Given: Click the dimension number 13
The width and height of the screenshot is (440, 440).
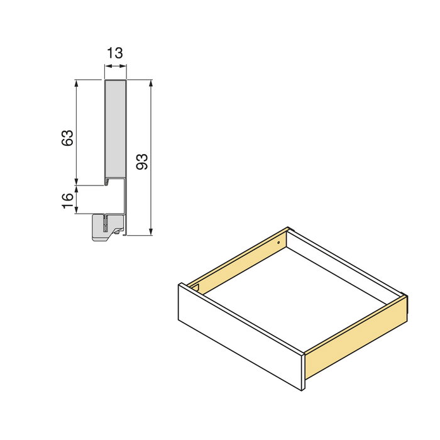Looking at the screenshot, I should tap(114, 53).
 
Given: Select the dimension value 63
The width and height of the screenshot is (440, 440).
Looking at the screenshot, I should tap(68, 138).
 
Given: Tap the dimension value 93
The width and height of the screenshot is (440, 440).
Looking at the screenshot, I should tap(142, 162).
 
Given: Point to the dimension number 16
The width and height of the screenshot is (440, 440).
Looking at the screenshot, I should tap(68, 201).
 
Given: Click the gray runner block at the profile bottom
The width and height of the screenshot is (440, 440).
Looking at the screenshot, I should tap(104, 228).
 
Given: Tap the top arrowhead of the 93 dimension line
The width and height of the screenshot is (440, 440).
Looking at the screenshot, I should tap(151, 83).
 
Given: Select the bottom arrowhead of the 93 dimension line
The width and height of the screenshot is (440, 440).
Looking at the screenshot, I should tap(151, 232).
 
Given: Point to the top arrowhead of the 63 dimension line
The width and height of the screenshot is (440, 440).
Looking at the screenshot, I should tap(77, 83).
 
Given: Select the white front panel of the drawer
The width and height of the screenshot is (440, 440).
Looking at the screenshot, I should tap(239, 339).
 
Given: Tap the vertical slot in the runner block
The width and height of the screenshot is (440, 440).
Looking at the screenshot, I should tap(106, 223).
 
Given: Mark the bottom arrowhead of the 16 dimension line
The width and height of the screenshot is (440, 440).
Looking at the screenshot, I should tap(77, 211).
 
